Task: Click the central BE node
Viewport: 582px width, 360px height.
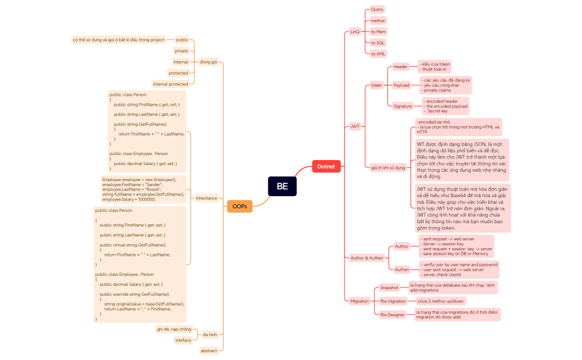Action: point(282,186)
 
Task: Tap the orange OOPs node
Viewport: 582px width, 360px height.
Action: point(239,206)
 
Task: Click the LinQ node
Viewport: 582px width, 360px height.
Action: point(355,32)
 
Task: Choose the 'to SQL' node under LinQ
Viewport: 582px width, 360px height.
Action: point(377,43)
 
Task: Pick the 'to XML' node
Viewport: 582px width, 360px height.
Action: point(378,54)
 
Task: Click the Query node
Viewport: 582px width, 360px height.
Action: point(377,9)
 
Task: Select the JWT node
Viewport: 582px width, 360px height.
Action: point(355,126)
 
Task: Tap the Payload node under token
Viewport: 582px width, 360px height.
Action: point(401,85)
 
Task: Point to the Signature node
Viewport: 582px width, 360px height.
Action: point(403,106)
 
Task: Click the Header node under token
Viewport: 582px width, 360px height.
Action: point(400,66)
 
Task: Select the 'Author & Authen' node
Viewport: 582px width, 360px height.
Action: point(366,258)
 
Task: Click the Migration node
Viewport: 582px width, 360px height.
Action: point(359,301)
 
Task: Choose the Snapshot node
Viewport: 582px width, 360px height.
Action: point(389,287)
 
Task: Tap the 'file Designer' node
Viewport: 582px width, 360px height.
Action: point(392,315)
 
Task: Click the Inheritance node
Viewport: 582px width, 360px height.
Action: point(206,198)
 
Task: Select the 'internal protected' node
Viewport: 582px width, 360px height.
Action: point(170,84)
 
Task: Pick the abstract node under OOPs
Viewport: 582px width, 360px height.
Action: point(208,351)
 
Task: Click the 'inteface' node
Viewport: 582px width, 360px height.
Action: point(183,340)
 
